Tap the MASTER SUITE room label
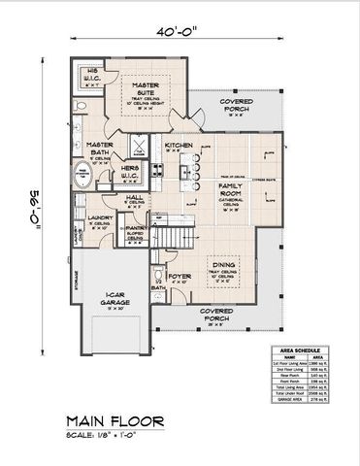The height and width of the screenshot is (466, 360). pos(152,89)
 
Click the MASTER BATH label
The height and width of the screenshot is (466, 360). pos(100,149)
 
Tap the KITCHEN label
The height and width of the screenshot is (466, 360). pos(180,146)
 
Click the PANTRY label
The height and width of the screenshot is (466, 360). pos(135,228)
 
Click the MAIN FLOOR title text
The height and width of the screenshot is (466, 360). pos(115,422)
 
